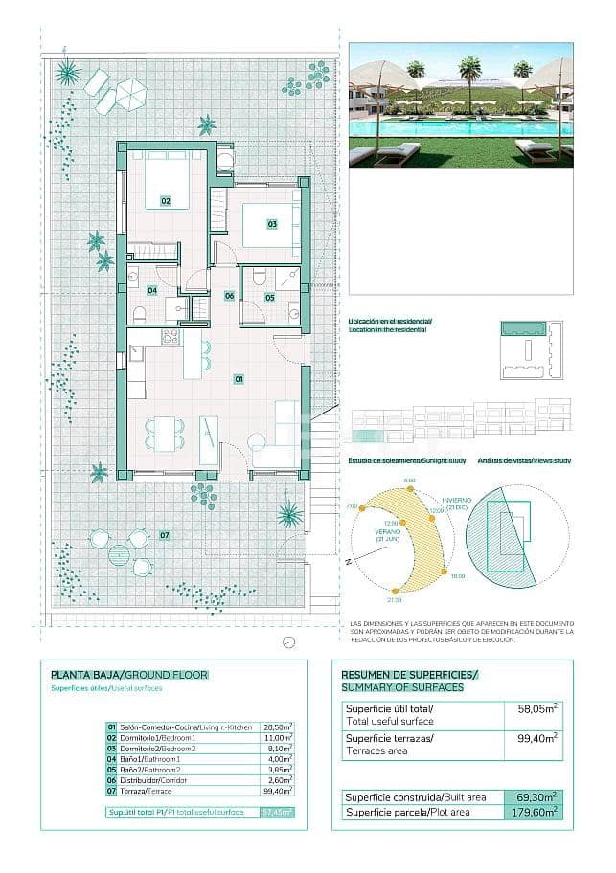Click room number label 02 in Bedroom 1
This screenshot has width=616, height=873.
click(165, 201)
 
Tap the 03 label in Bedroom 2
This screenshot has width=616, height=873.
click(272, 224)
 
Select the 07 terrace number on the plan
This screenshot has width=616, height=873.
click(165, 534)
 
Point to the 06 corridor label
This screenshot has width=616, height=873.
click(230, 296)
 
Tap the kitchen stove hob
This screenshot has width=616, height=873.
click(171, 337)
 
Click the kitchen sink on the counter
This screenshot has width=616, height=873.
click(136, 353)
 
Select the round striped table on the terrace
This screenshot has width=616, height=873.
click(119, 554)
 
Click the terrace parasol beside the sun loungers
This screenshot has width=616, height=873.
click(130, 94)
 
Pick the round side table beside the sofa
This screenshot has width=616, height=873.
click(257, 441)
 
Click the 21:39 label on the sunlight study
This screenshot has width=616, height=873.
click(396, 601)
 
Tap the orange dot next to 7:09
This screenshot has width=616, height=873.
click(361, 508)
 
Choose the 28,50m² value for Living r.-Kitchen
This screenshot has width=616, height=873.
click(277, 727)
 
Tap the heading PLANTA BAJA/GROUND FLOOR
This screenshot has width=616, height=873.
click(128, 674)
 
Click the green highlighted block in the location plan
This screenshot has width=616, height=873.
click(523, 329)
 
